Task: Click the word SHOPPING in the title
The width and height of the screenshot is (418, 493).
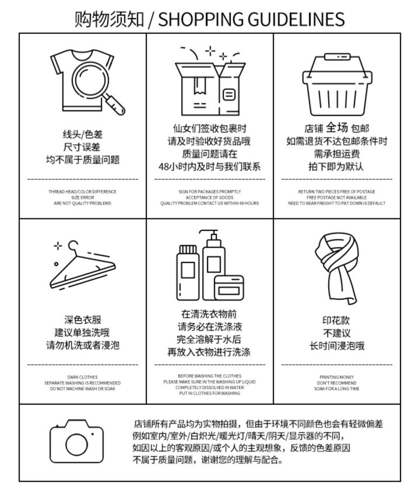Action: click(x=201, y=19)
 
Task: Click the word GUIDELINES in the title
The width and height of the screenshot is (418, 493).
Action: click(x=296, y=19)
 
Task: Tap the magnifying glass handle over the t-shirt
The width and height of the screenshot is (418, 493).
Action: click(x=115, y=104)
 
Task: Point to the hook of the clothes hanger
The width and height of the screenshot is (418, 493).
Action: click(x=73, y=246)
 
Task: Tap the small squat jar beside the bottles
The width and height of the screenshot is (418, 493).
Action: click(x=229, y=288)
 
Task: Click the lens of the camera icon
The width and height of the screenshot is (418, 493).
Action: click(x=77, y=445)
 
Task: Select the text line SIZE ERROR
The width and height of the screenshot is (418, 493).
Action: click(x=83, y=197)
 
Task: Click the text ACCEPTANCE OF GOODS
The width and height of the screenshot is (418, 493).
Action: click(x=210, y=197)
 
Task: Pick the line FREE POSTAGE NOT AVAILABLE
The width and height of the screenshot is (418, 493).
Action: click(x=336, y=197)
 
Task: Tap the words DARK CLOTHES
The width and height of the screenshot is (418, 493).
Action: click(x=82, y=377)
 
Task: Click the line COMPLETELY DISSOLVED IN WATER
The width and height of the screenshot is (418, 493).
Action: click(x=210, y=387)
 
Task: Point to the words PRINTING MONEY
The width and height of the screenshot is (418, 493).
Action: click(x=336, y=377)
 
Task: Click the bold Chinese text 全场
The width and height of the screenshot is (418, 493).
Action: click(x=337, y=127)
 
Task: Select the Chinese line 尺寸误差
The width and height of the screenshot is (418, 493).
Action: click(x=82, y=147)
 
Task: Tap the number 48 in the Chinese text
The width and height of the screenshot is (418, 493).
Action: click(x=164, y=167)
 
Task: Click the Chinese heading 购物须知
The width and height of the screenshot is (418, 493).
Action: click(x=109, y=19)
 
